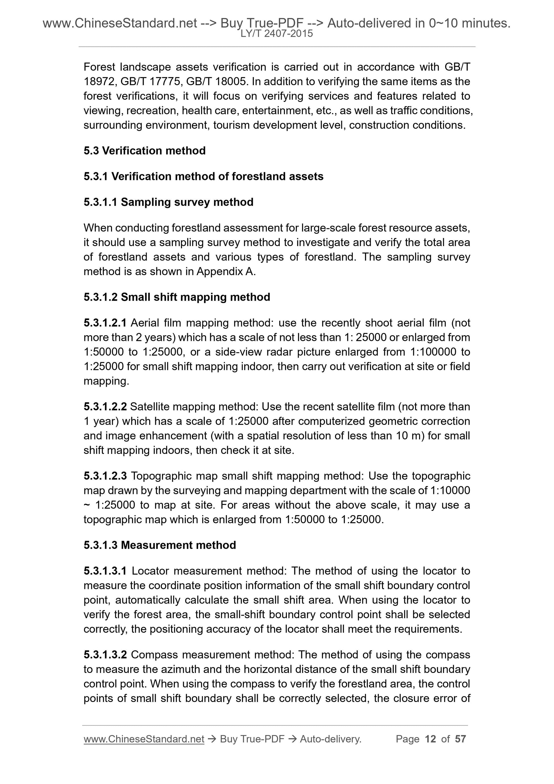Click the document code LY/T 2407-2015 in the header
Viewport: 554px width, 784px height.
(276, 34)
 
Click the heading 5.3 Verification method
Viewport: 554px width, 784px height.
(144, 151)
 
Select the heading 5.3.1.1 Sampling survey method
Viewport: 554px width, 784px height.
(168, 202)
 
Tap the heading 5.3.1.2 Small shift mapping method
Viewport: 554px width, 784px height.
(177, 297)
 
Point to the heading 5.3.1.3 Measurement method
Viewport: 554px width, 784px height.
(159, 545)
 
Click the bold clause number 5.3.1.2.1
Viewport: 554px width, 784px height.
(105, 323)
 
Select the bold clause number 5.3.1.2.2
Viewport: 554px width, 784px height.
(105, 407)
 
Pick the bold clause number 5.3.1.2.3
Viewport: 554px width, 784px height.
(105, 476)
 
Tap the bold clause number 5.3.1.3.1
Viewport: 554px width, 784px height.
(105, 571)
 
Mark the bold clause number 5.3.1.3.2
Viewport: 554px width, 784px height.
(105, 655)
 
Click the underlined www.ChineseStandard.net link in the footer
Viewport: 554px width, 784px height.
(144, 739)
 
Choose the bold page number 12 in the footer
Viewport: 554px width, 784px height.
(430, 739)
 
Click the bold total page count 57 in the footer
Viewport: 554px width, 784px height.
(460, 739)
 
